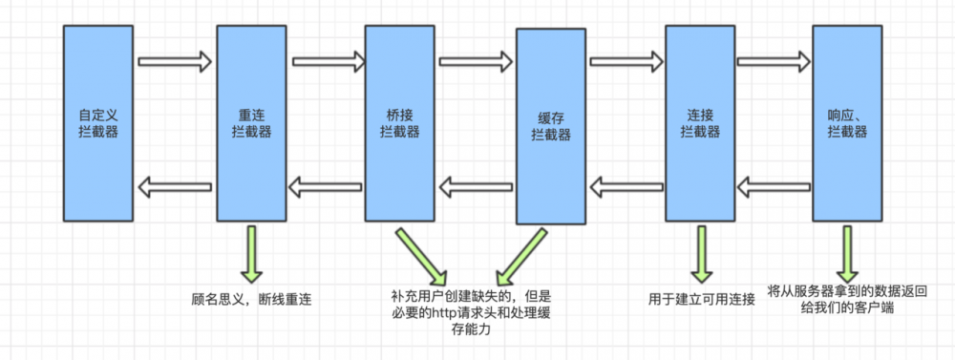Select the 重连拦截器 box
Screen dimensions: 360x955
click(x=251, y=124)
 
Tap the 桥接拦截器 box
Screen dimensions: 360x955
click(x=398, y=124)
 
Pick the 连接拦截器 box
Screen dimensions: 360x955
click(x=700, y=124)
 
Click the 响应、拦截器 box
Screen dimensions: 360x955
click(x=846, y=124)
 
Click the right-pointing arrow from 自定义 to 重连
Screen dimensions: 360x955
click(x=174, y=63)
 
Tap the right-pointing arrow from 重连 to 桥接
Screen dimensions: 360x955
click(x=327, y=63)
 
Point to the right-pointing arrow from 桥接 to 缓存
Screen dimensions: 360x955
click(x=476, y=63)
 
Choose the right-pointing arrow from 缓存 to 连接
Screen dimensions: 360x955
click(x=626, y=63)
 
